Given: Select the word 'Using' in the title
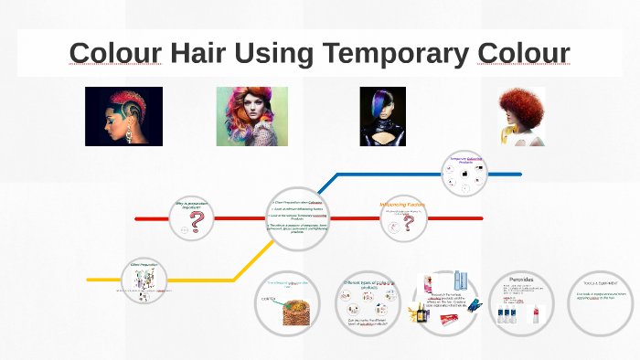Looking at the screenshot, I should [x=279, y=54].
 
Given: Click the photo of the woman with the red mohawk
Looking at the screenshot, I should [x=123, y=116].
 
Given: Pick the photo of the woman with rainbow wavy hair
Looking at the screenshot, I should [x=251, y=116].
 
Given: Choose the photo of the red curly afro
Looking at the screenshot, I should [x=520, y=116].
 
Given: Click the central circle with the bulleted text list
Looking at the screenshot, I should [x=296, y=219].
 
